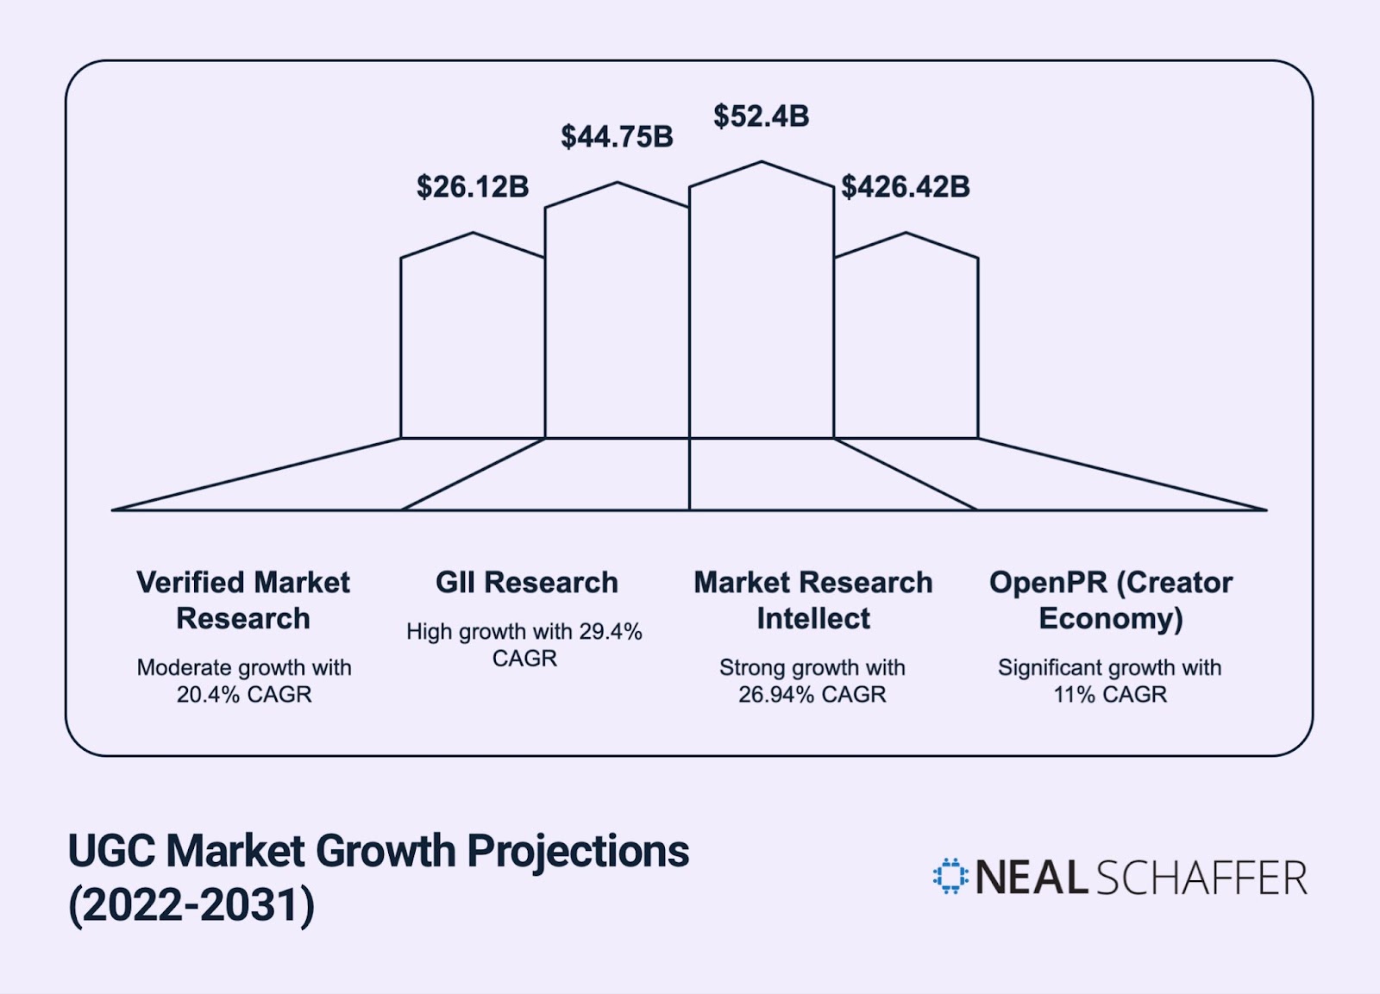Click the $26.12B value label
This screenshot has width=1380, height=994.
473,187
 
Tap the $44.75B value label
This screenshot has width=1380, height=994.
617,137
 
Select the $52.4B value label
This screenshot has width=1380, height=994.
761,116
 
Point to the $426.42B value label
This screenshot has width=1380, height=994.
906,187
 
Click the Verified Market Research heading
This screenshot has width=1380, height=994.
243,600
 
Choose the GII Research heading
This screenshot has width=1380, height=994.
526,583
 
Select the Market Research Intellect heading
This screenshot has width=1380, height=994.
812,600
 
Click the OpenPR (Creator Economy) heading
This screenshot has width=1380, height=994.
1111,600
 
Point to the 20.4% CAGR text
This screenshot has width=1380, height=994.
243,694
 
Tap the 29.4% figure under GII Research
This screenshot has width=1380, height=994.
611,632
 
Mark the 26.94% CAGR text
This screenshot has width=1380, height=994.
812,694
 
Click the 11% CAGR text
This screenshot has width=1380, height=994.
1110,694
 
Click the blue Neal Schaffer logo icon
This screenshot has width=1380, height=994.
950,877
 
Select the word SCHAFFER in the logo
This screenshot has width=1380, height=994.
1202,878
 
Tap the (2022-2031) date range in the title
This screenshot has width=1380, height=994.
191,905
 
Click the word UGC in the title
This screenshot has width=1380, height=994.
113,851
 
